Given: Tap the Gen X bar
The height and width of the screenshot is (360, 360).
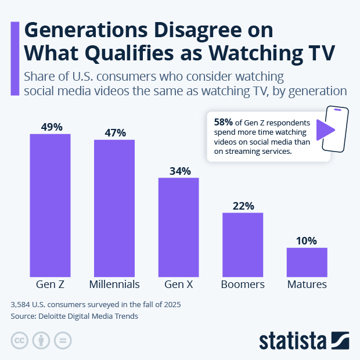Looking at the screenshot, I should pos(179,226).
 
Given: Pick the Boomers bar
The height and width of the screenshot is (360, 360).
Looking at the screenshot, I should pos(243,244).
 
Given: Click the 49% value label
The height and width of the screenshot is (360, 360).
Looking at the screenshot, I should pos(51,127).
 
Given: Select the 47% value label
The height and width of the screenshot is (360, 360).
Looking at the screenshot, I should pos(114,132).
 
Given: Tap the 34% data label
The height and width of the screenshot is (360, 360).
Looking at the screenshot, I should pos(179,171).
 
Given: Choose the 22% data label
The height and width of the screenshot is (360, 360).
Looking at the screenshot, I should pos(243,206).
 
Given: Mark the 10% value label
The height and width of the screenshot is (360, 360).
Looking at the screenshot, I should pos(307,240).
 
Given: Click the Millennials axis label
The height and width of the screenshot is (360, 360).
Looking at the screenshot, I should pos(114,285).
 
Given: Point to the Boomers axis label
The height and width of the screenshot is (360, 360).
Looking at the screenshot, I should pos(243,285).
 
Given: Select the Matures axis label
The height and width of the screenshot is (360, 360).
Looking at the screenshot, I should pos(307,285).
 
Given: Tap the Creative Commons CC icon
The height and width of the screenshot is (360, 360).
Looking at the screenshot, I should pos(20,340).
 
